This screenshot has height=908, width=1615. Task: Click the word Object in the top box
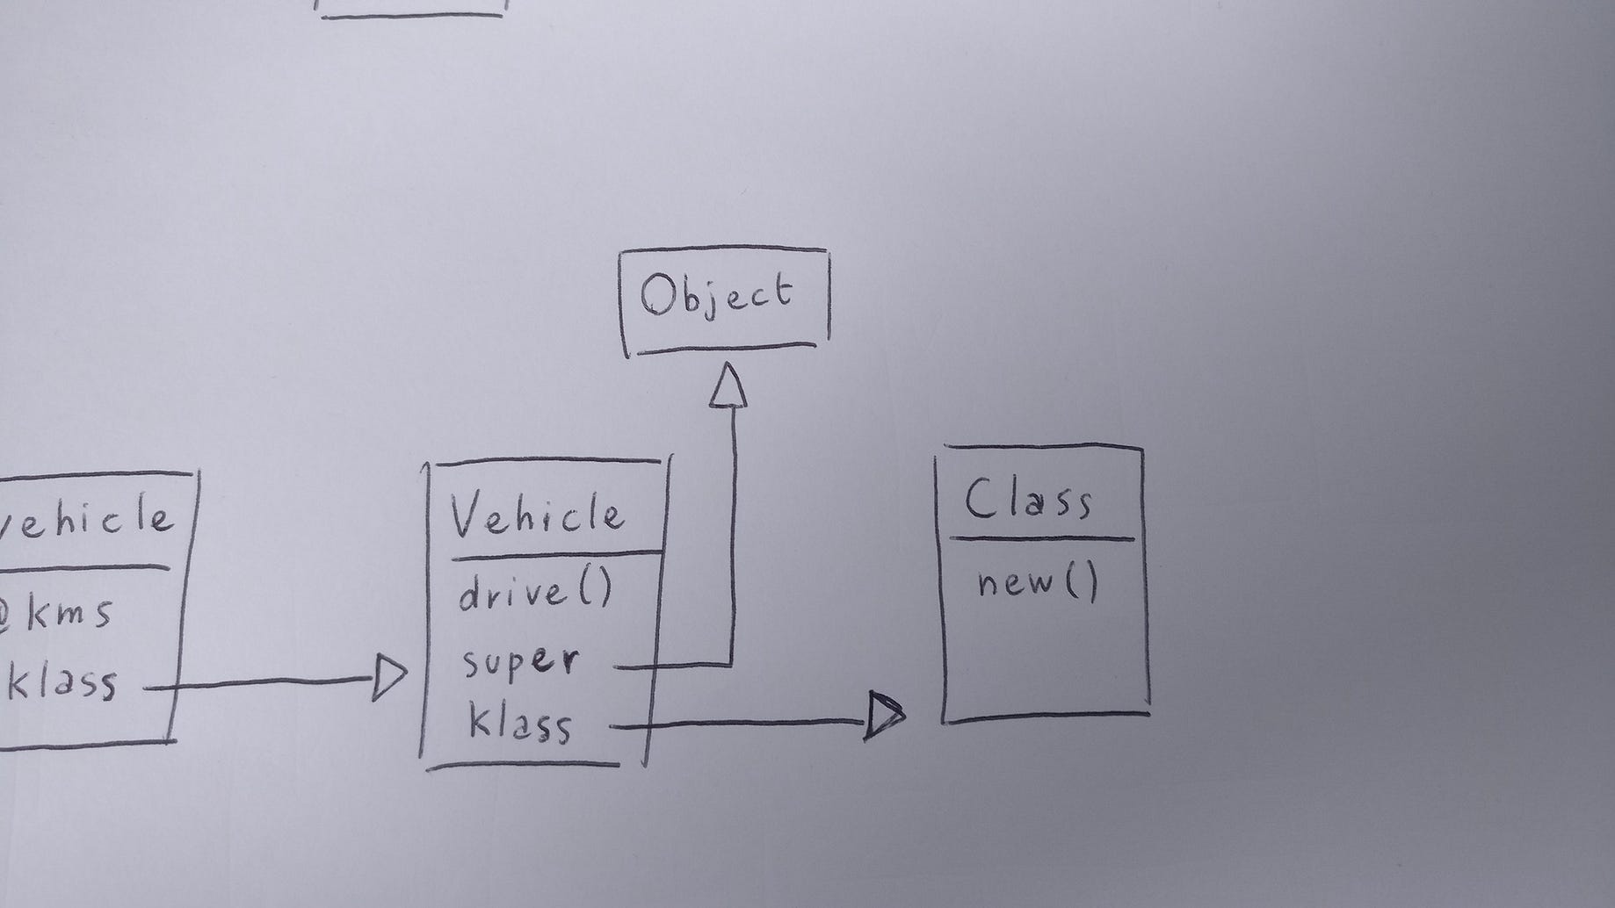coord(716,295)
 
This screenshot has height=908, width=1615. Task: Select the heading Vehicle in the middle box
coord(537,515)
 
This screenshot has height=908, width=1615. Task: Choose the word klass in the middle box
coord(520,724)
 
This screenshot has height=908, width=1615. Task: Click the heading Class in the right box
coord(1028,501)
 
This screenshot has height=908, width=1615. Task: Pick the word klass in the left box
coord(62,681)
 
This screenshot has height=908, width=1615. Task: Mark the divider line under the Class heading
coord(1041,539)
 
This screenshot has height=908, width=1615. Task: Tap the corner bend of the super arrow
coord(731,664)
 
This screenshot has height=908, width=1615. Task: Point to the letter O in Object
coord(656,295)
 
